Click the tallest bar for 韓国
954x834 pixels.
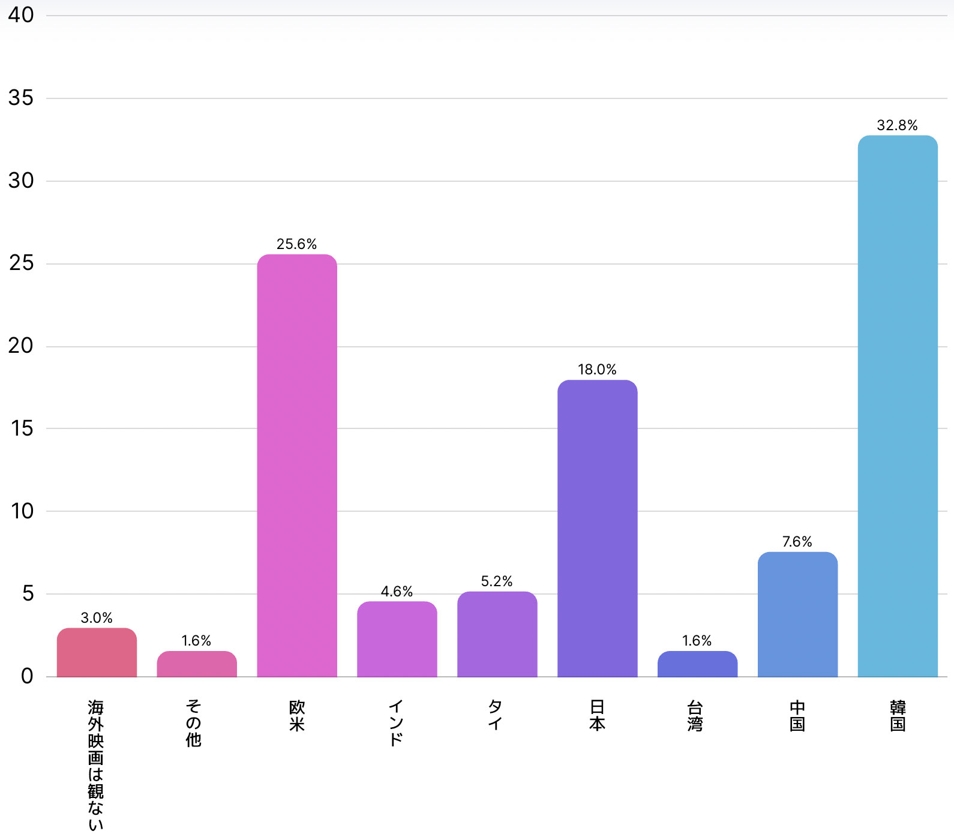coord(898,406)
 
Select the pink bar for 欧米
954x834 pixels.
coord(297,466)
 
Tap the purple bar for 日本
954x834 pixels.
coord(597,529)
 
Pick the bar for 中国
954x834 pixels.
coord(797,614)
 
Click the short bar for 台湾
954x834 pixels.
coord(697,664)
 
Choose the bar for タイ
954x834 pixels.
coord(497,634)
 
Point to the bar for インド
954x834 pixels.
coord(397,639)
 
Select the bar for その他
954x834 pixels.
coord(197,664)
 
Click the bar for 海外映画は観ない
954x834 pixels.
coord(97,653)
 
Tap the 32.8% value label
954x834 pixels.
coord(897,125)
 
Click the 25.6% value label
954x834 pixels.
coord(296,244)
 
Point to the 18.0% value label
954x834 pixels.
coord(597,370)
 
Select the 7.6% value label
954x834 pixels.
coord(797,542)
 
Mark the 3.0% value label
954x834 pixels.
coord(97,618)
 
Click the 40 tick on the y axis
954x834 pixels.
coord(21,15)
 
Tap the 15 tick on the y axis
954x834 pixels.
coord(22,428)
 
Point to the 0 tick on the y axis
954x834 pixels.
coord(27,676)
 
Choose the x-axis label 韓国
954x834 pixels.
coord(898,716)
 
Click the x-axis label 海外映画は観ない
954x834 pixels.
coord(96,765)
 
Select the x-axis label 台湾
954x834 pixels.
coord(695,716)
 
